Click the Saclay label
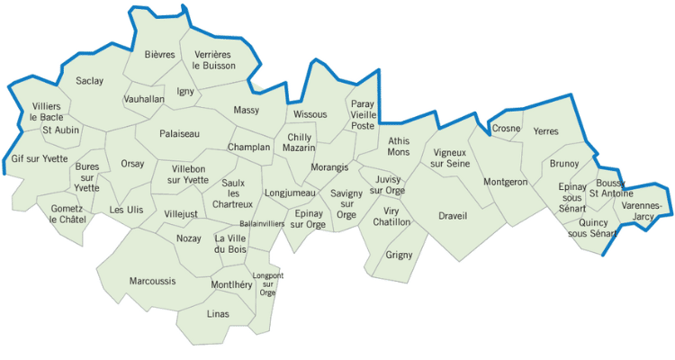pos(89,81)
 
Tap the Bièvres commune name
pos(160,55)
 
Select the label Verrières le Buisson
pos(214,60)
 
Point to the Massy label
pos(246,111)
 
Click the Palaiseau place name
pos(179,134)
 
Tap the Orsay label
pos(132,164)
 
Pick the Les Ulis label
pos(125,210)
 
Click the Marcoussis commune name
pos(152,281)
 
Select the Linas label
pos(218,313)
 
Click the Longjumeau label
pos(290,193)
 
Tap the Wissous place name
pos(310,115)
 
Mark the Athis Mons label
pos(398,147)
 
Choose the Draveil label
pos(453,215)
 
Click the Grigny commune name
pos(399,255)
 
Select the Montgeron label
pos(505,182)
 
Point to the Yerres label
pos(545,131)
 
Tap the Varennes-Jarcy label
pos(641,211)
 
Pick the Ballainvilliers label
pos(262,223)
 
